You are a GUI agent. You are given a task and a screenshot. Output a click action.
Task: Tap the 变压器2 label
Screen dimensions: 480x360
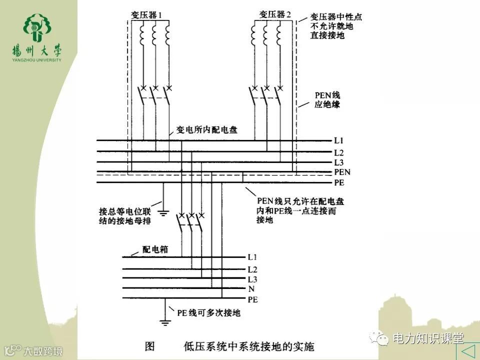(275, 14)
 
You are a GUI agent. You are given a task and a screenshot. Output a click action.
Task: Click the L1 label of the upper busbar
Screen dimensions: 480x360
(338, 140)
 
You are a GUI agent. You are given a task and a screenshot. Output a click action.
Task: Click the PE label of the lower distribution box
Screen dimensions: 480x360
(252, 299)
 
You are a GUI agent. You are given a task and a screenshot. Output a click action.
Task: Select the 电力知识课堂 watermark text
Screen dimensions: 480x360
(428, 338)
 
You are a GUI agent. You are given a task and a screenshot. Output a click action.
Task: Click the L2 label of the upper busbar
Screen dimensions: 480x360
(338, 152)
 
